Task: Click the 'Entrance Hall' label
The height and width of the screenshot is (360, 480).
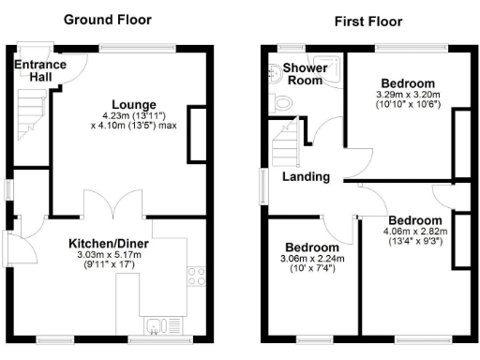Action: [x=39, y=70]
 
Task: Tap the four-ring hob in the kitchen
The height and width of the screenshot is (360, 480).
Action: [x=197, y=277]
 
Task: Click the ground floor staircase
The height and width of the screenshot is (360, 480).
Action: [x=32, y=111]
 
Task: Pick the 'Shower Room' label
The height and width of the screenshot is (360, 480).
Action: [x=304, y=75]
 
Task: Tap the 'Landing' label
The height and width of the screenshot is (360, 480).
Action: [x=306, y=176]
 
